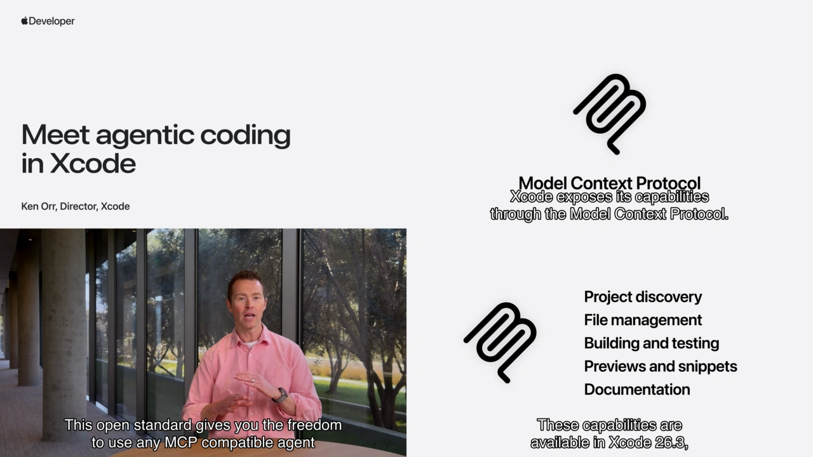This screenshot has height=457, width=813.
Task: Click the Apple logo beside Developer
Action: pyautogui.click(x=25, y=21)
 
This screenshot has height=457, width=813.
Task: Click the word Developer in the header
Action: pyautogui.click(x=51, y=21)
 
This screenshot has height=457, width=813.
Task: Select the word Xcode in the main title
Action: pyautogui.click(x=93, y=163)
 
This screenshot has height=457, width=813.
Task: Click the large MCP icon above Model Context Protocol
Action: pyautogui.click(x=610, y=114)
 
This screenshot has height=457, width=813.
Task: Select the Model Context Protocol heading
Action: pyautogui.click(x=609, y=183)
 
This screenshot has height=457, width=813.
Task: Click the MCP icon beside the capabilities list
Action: pyautogui.click(x=500, y=342)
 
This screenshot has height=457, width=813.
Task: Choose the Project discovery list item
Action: pyautogui.click(x=643, y=297)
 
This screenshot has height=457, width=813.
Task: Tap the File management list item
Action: pyautogui.click(x=643, y=320)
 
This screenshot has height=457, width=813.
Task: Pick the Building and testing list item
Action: pyautogui.click(x=651, y=343)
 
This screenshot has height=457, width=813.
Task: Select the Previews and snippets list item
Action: pyautogui.click(x=661, y=366)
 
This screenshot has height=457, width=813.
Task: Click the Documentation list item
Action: pyautogui.click(x=636, y=390)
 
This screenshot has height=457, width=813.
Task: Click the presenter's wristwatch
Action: pyautogui.click(x=279, y=395)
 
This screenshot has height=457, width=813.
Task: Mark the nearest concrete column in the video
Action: pyautogui.click(x=64, y=330)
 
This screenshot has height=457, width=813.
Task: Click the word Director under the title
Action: pyautogui.click(x=79, y=206)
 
